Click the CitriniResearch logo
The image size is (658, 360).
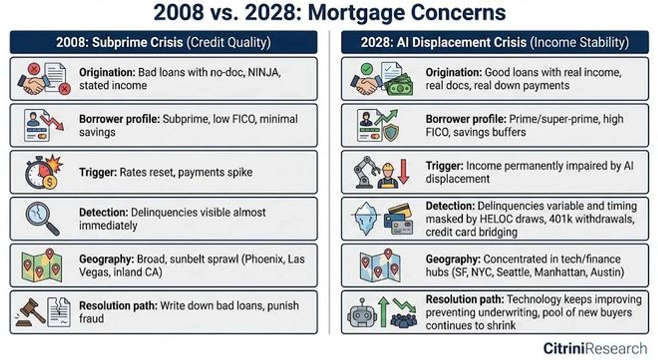point(595,348)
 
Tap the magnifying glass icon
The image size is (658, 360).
point(42,218)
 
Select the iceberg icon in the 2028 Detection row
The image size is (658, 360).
point(366,218)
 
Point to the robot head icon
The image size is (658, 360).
point(362,313)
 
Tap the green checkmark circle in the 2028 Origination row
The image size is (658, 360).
point(367,69)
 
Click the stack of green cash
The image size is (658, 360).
point(400,86)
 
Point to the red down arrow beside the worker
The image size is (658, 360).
point(404,171)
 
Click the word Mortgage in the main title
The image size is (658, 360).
point(356,13)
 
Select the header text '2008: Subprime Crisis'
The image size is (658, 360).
point(120,43)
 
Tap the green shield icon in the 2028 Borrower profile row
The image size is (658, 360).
point(391,133)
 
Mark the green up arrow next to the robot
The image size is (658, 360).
point(383,311)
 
